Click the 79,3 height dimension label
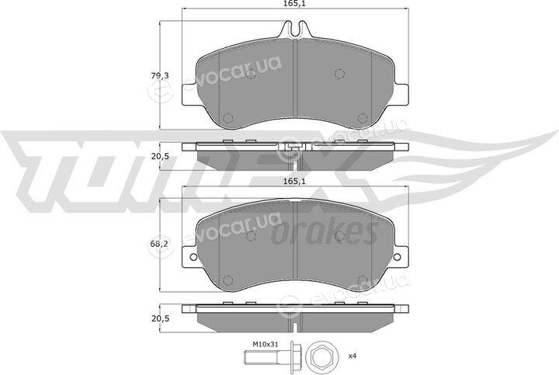coord(160,76)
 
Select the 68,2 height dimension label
coord(160,244)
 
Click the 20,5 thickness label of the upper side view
coord(160,156)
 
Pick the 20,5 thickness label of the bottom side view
coord(160,318)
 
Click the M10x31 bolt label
coord(266,345)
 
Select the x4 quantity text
coord(352,356)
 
